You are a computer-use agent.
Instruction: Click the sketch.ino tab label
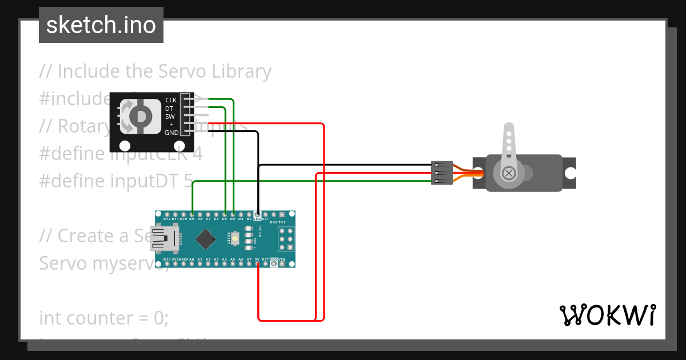pyautogui.click(x=101, y=25)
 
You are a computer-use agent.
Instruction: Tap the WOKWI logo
pyautogui.click(x=607, y=315)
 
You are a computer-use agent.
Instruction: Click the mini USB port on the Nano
pyautogui.click(x=165, y=239)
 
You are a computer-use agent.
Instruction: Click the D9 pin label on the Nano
pyautogui.click(x=192, y=219)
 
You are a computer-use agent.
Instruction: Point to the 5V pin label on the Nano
pyautogui.click(x=257, y=259)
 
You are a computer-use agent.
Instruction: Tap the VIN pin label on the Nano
pyautogui.click(x=282, y=259)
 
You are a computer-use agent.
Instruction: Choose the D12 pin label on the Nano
pyautogui.click(x=167, y=219)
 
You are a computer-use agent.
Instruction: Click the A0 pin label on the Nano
pyautogui.click(x=192, y=259)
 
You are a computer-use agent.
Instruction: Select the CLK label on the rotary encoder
pyautogui.click(x=170, y=100)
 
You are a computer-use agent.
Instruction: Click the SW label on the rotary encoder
pyautogui.click(x=170, y=117)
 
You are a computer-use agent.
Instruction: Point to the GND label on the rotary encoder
pyautogui.click(x=171, y=133)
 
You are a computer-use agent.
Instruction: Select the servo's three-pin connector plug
pyautogui.click(x=441, y=173)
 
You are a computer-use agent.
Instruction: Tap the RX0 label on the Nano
pyautogui.click(x=273, y=222)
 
